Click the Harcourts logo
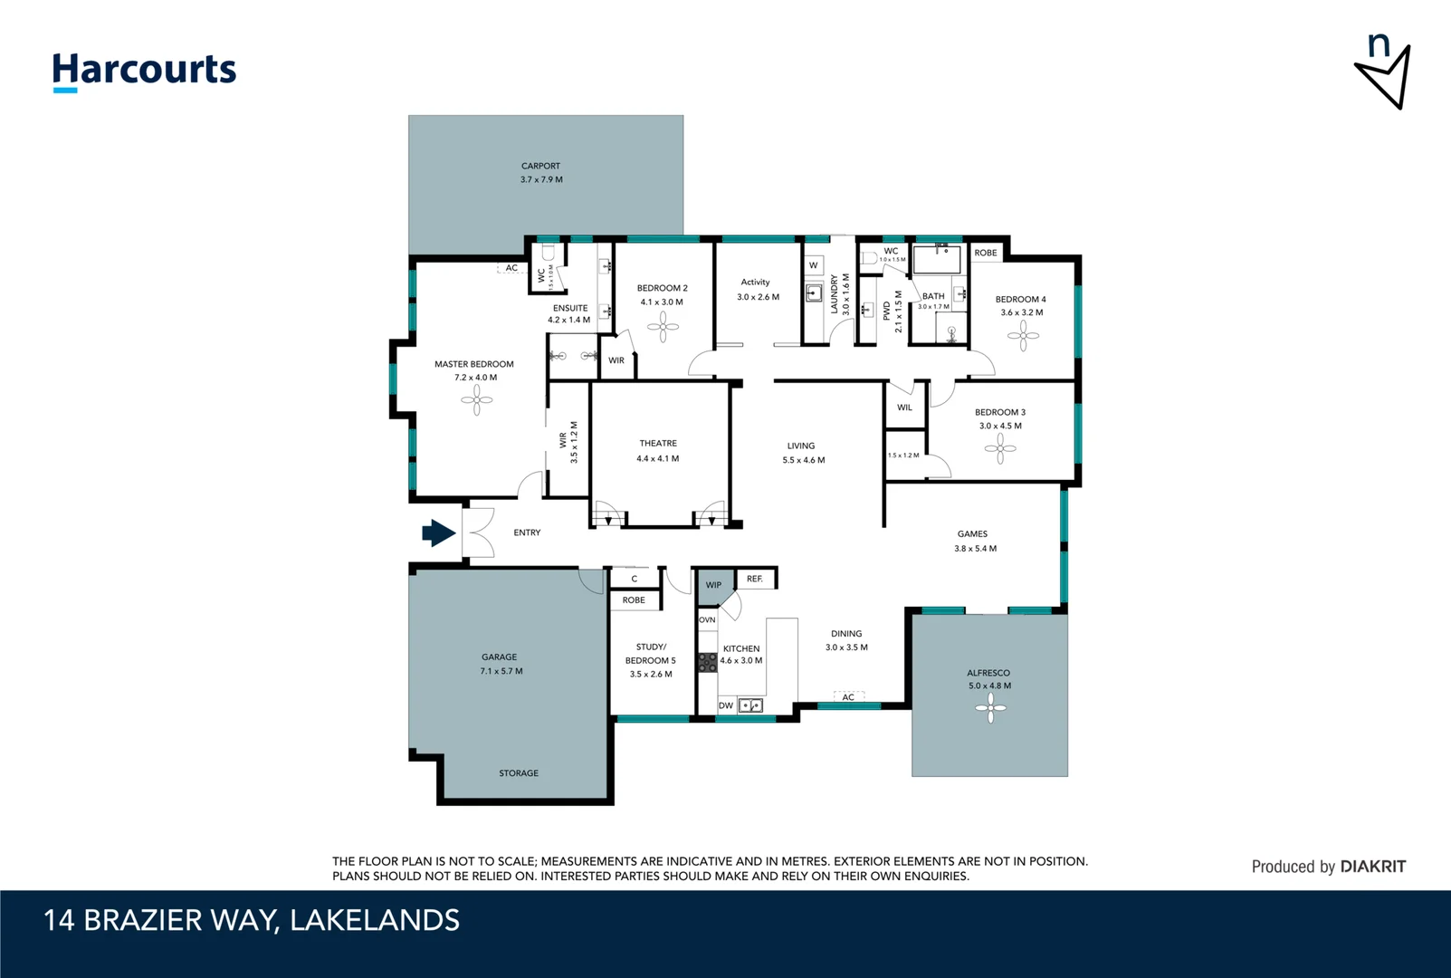(x=144, y=71)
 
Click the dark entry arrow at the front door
(x=439, y=533)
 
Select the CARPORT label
(x=540, y=166)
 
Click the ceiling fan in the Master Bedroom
(x=476, y=399)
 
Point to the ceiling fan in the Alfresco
(x=990, y=708)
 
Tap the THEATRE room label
(x=658, y=444)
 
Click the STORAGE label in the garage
(x=519, y=773)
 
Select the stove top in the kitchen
(x=707, y=662)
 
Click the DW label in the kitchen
(x=726, y=705)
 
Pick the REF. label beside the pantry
(x=755, y=579)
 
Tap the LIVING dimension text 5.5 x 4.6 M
(x=804, y=460)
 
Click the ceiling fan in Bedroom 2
(x=663, y=327)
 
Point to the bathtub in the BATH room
(x=937, y=260)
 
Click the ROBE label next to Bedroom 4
(x=986, y=253)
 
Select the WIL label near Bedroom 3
(x=904, y=407)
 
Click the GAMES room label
(x=972, y=534)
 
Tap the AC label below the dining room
(x=848, y=697)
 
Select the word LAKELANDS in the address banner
(x=375, y=920)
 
